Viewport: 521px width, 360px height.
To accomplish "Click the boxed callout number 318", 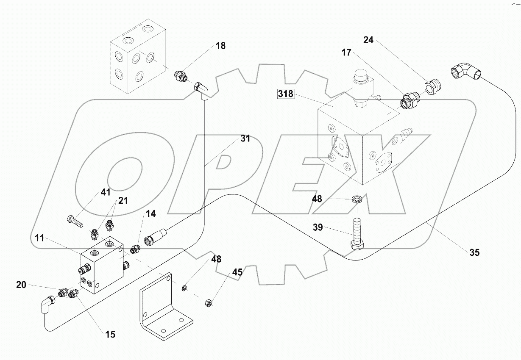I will point(286,94).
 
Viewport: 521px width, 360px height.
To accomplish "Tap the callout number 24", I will point(368,40).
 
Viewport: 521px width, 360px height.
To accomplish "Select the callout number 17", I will point(346,53).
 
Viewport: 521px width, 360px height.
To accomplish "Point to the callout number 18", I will point(221,46).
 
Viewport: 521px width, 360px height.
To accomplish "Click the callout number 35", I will point(474,252).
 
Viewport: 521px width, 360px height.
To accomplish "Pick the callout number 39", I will point(318,227).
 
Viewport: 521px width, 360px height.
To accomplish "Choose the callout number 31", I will point(245,138).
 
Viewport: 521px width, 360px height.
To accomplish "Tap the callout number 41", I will point(106,192).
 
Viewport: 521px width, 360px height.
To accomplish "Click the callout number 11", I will point(39,238).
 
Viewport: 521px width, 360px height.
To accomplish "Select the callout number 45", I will point(237,272).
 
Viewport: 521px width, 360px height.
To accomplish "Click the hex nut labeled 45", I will point(208,302).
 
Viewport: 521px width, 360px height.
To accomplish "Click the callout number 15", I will point(110,334).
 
